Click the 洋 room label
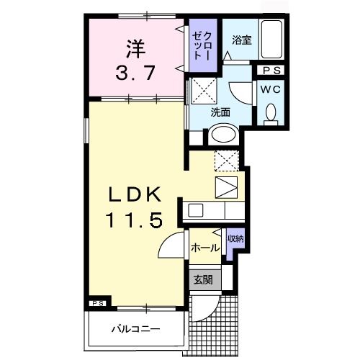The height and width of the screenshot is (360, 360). click(133, 48)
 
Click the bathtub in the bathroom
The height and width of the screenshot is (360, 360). click(272, 41)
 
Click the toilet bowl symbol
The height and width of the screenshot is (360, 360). click(271, 113)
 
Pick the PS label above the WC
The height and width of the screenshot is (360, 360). click(272, 71)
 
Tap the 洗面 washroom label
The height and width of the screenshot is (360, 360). click(220, 112)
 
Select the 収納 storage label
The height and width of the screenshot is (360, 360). click(235, 238)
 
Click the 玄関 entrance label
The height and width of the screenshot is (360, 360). click(202, 279)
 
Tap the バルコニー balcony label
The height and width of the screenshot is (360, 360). click(135, 330)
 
